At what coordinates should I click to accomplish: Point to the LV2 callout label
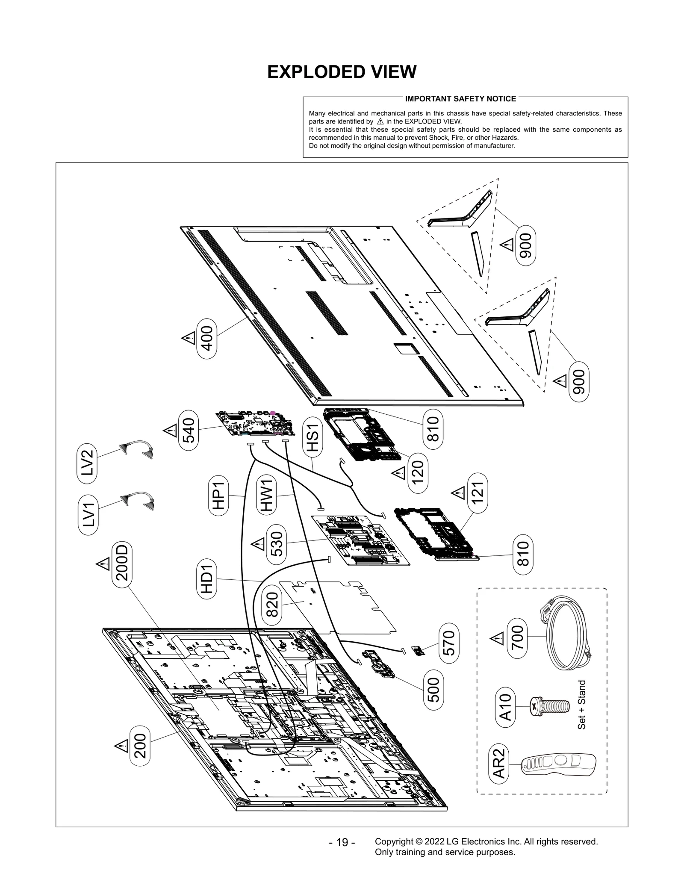point(88,463)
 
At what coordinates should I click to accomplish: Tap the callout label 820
point(272,605)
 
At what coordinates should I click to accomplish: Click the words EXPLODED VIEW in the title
point(342,72)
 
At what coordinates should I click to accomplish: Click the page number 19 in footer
point(342,842)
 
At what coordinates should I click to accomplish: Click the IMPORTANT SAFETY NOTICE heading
point(460,99)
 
